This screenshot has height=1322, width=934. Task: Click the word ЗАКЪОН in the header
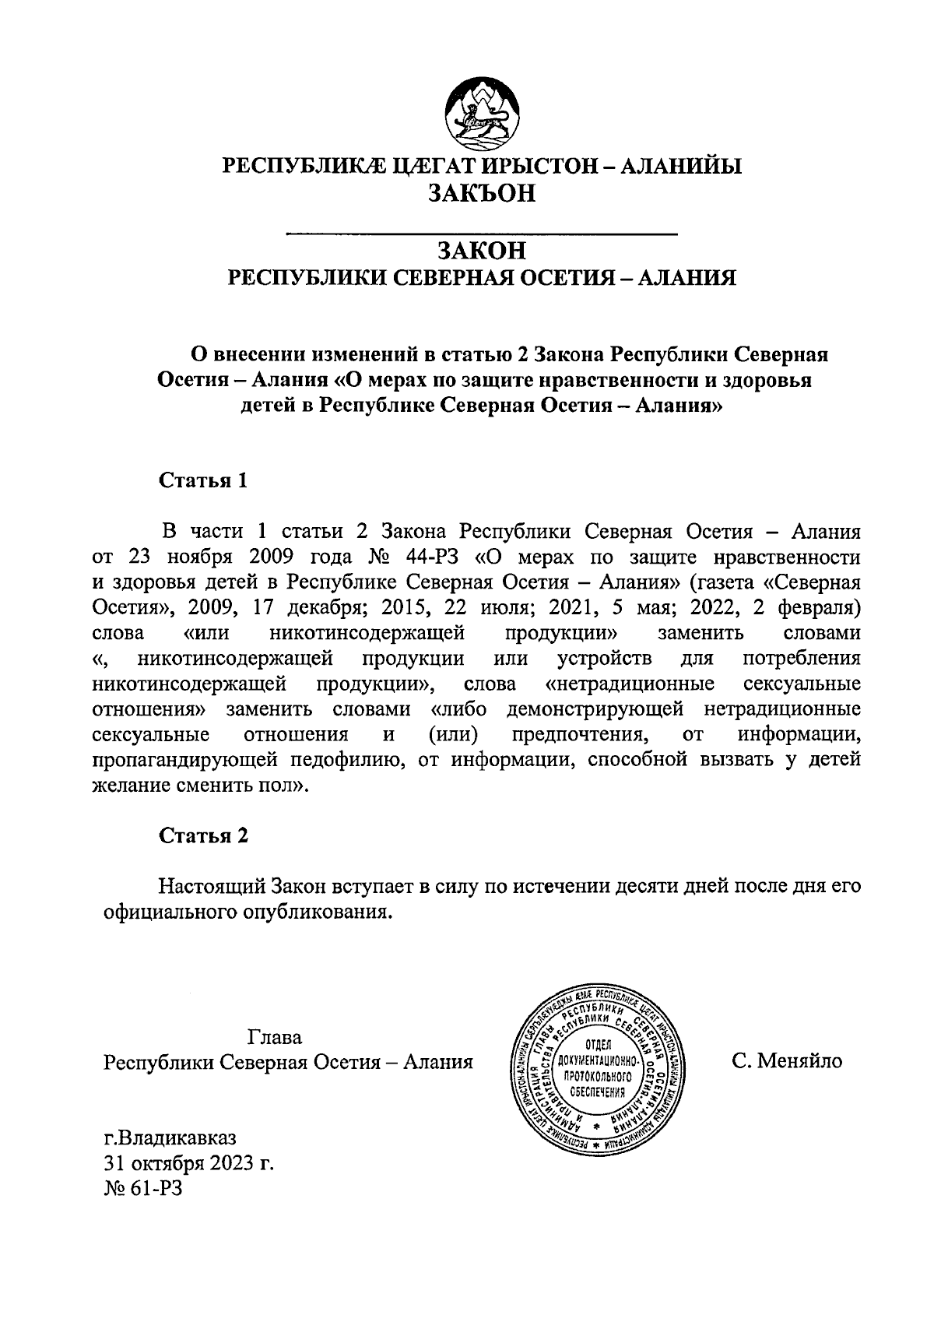click(482, 192)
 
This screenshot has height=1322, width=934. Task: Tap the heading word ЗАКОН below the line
click(482, 251)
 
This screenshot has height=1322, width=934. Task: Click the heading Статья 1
click(203, 480)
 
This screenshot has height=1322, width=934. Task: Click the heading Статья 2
click(203, 836)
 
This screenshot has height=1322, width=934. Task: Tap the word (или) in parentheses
click(454, 735)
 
